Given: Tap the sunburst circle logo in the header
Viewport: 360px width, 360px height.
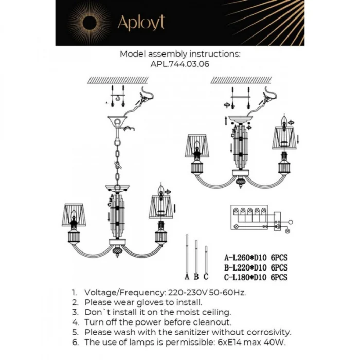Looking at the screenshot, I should tap(91, 23).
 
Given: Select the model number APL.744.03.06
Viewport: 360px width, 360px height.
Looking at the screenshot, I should tap(179, 64).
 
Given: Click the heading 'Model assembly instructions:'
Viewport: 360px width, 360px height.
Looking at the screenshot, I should tap(179, 53).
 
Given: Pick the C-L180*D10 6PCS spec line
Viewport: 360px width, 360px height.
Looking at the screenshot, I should tap(255, 277).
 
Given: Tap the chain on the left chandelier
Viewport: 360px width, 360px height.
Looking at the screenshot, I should tap(118, 154).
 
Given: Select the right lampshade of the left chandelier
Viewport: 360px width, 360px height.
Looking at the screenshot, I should tap(160, 206).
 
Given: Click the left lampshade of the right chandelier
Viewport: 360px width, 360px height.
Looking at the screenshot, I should tap(196, 146).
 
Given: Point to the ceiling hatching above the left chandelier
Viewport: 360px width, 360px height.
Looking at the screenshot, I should tap(118, 80).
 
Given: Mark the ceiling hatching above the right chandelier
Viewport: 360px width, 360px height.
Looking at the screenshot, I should tap(242, 80).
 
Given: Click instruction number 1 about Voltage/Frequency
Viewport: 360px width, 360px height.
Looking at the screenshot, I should tap(159, 292).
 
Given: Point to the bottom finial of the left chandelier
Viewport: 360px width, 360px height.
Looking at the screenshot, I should tap(117, 252).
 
